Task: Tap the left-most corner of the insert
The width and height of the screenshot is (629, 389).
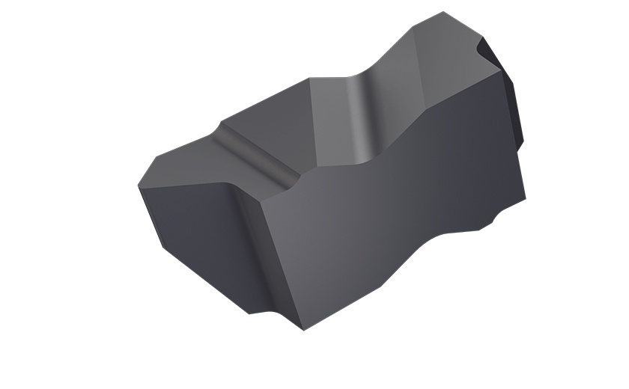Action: pos(139,185)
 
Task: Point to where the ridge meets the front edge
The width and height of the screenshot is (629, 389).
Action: pos(292,183)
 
